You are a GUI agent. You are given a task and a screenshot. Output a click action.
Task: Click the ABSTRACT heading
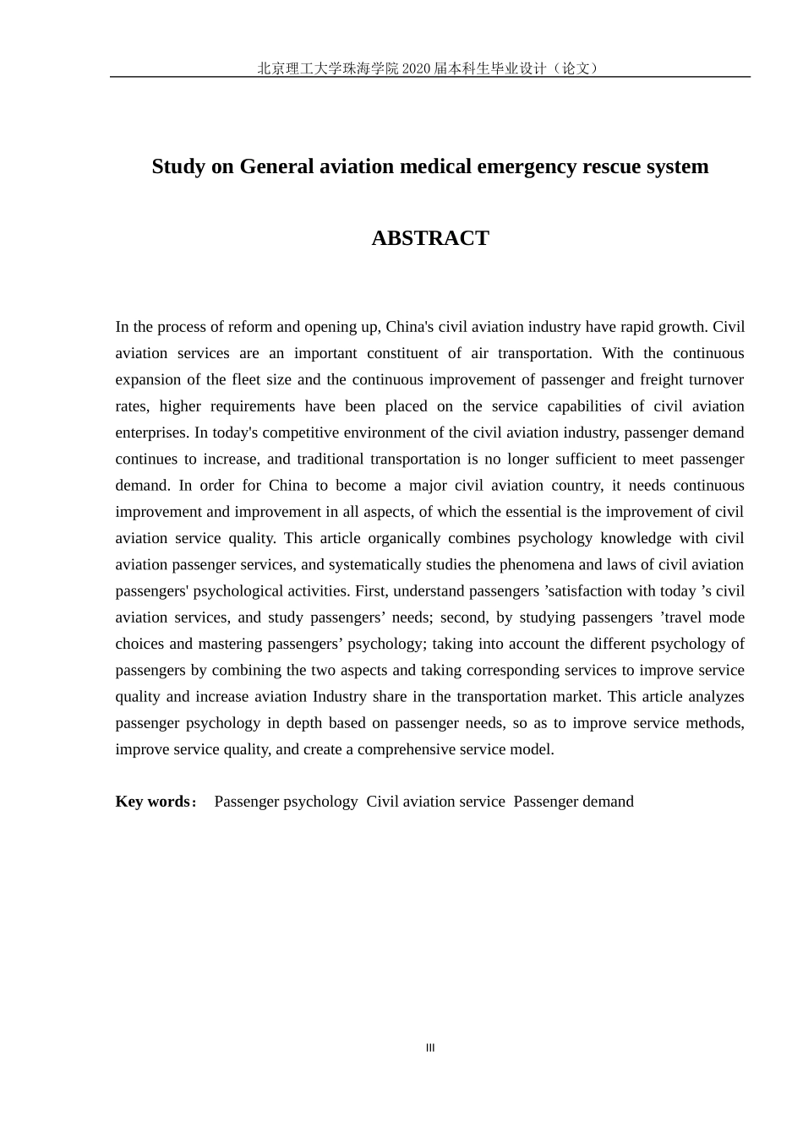coord(430,238)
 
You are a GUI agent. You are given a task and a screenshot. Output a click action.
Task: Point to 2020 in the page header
coord(417,68)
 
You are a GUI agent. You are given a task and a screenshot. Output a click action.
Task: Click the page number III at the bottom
coord(430,1048)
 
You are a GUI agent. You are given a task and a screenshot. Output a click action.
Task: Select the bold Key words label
coord(154,802)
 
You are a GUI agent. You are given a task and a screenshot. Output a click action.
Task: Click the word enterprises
coord(151,432)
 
